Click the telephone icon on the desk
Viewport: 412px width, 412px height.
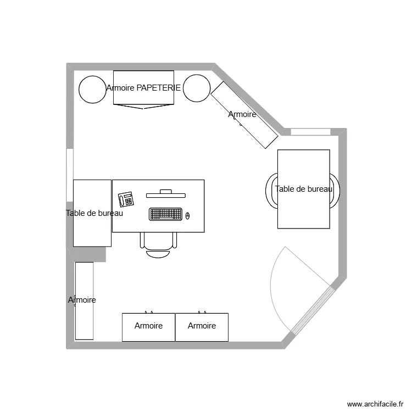(126, 198)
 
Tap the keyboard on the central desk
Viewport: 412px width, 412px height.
(165, 214)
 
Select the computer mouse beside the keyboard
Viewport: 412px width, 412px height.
(187, 215)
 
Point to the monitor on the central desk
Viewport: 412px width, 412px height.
(165, 193)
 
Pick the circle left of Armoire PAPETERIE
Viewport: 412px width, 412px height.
(92, 89)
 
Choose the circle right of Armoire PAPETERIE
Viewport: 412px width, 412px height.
(196, 88)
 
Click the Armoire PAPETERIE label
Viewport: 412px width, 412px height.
(143, 87)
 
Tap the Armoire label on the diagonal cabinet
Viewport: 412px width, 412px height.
(242, 114)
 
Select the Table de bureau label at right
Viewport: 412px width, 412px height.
(304, 189)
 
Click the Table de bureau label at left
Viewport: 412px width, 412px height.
(94, 213)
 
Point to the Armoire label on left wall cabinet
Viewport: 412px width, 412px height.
(82, 300)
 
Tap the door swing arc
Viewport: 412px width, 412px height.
(274, 280)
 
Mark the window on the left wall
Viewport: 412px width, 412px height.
(70, 175)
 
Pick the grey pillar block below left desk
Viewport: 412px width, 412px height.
(90, 254)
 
